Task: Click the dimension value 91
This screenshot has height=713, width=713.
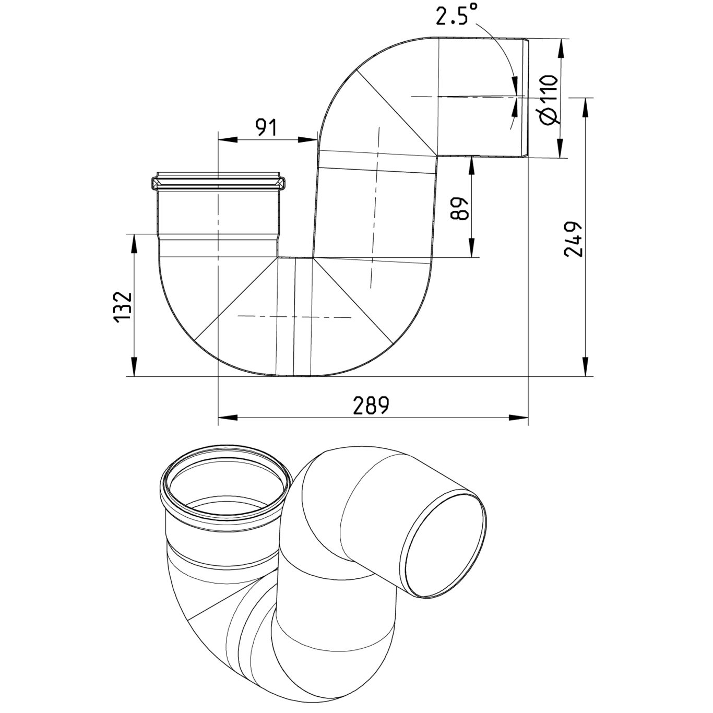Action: pos(267,127)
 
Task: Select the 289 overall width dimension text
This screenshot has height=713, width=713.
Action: pos(371,406)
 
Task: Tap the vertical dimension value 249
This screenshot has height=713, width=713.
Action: pos(573,239)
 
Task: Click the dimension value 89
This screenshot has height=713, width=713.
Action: pos(459,209)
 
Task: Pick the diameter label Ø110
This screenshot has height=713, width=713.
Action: pos(548,99)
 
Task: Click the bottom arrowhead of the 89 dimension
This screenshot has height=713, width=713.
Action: pos(471,248)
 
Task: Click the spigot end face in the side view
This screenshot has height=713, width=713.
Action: pos(526,97)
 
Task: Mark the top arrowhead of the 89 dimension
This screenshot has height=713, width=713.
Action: pos(471,165)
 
